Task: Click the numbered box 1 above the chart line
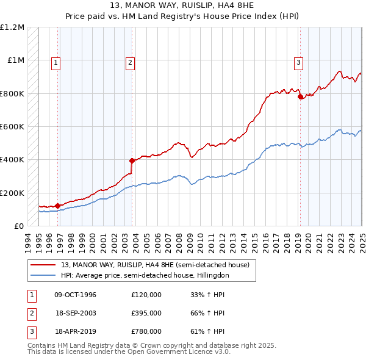(56, 62)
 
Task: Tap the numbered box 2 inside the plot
(131, 62)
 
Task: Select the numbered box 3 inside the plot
(299, 62)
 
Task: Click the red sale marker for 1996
(57, 206)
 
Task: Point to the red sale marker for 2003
(132, 160)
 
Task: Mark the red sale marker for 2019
(300, 96)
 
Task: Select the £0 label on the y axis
(18, 226)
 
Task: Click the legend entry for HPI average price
(145, 276)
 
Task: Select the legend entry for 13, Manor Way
(155, 265)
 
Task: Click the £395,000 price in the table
(146, 313)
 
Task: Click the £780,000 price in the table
(146, 332)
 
